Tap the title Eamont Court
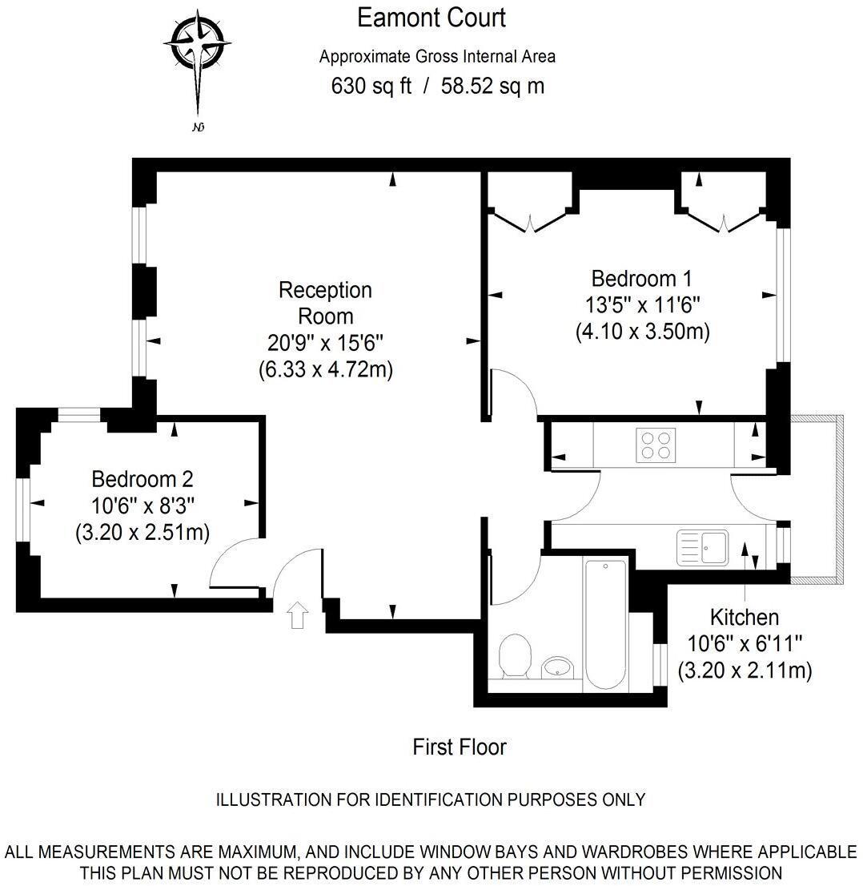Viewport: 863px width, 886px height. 431,18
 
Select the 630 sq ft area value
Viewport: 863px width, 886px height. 371,86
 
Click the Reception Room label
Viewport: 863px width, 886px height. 325,302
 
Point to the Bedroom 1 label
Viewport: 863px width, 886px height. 641,279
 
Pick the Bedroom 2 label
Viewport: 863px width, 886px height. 142,479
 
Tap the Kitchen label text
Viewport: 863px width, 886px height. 744,618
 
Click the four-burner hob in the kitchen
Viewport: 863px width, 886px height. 654,445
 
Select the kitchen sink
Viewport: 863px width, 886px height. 702,546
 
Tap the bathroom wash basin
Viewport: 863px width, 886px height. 559,666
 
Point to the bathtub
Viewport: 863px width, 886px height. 605,625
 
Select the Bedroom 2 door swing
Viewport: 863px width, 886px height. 232,565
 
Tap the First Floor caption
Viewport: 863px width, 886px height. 460,747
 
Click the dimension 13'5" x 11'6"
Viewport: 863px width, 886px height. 642,305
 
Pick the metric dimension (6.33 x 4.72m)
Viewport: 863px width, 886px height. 325,369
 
